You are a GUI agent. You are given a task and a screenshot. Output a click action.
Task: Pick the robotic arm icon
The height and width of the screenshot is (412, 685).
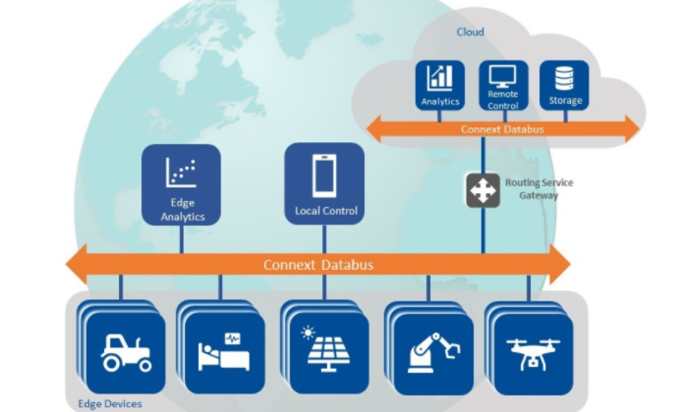434,353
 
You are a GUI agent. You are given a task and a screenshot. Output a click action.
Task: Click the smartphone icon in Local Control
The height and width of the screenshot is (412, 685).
324,176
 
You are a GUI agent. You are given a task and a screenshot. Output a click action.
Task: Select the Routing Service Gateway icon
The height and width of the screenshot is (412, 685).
483,190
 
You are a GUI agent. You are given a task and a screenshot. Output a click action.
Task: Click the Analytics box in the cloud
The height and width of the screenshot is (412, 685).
440,85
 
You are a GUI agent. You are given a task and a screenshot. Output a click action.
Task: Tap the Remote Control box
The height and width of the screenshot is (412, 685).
503,85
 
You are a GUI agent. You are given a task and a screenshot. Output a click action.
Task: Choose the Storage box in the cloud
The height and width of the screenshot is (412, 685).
564,85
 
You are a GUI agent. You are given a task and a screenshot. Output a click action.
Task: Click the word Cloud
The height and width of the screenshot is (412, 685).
470,32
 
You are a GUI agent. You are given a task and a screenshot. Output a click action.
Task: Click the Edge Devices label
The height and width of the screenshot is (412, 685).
110,404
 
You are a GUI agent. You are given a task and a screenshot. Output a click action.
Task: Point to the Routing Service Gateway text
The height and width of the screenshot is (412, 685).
539,189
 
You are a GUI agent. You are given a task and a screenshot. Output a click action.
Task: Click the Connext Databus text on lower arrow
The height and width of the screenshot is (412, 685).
319,265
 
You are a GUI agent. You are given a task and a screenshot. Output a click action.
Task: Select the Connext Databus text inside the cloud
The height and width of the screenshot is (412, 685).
502,130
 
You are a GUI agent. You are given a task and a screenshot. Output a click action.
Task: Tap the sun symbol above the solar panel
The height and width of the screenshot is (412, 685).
308,332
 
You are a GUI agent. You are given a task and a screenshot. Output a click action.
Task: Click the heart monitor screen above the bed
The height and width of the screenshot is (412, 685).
232,338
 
